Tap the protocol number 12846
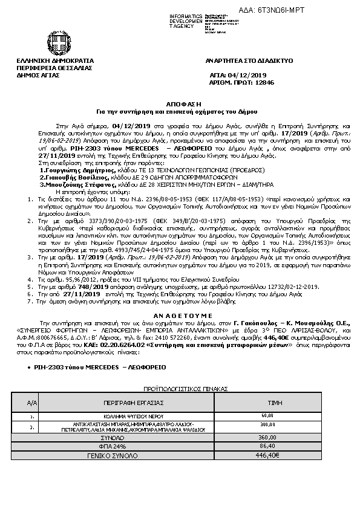coord(263,82)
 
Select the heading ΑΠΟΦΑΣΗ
coord(179,105)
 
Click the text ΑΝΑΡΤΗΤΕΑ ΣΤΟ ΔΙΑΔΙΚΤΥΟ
coord(249,61)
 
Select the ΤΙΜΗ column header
coord(267,401)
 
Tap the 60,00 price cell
coord(267,415)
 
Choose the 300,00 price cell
coord(267,424)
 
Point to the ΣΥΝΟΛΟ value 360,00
coord(267,437)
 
